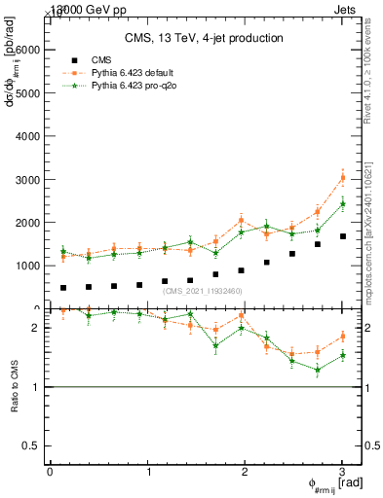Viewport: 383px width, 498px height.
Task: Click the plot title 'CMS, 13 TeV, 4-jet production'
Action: [x=204, y=38]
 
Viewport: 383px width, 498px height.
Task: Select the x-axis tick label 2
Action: [x=245, y=472]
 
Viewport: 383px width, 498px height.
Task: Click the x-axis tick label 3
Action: [x=342, y=472]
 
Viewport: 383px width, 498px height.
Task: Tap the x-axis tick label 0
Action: [x=50, y=472]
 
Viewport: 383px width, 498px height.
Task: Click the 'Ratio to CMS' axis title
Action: [x=14, y=399]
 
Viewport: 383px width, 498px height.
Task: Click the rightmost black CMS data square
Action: [x=342, y=236]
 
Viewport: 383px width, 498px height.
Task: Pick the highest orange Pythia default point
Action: [x=342, y=178]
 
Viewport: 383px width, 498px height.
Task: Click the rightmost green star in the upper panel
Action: [x=342, y=204]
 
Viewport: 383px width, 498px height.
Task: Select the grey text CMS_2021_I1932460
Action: [x=203, y=291]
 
